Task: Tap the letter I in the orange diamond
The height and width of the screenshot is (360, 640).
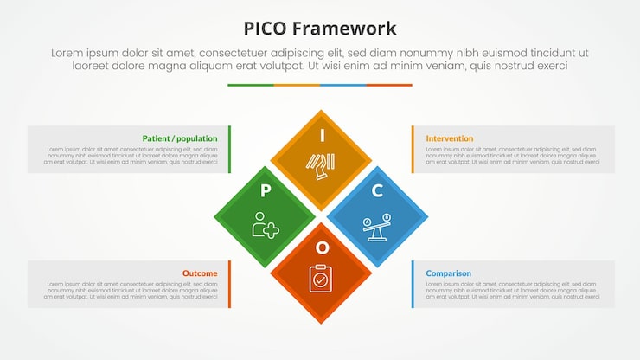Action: [x=322, y=135]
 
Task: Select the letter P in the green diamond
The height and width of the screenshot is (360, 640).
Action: [x=266, y=190]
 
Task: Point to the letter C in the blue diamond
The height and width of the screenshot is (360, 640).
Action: [x=377, y=190]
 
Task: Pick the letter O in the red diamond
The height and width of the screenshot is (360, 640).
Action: [x=322, y=247]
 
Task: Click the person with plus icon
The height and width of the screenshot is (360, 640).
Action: [x=266, y=225]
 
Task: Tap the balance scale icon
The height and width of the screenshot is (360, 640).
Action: [x=377, y=227]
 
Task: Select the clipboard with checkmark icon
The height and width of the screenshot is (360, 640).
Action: [x=321, y=278]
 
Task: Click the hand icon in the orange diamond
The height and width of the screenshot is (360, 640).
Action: [x=320, y=165]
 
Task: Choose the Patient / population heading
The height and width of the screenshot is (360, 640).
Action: [x=180, y=138]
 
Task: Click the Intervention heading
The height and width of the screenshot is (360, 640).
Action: [x=450, y=138]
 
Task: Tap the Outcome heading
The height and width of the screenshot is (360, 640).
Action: [x=200, y=273]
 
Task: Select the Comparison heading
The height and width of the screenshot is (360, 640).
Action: [x=448, y=273]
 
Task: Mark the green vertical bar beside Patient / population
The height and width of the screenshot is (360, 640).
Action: [x=230, y=149]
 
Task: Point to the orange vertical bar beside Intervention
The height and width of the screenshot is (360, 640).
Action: [x=412, y=149]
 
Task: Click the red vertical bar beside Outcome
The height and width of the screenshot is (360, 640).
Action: [x=230, y=284]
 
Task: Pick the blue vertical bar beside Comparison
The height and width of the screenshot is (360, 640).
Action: [x=412, y=284]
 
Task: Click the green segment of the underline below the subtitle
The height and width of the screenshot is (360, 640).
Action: [x=251, y=85]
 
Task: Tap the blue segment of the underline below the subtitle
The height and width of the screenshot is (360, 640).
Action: [x=343, y=85]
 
